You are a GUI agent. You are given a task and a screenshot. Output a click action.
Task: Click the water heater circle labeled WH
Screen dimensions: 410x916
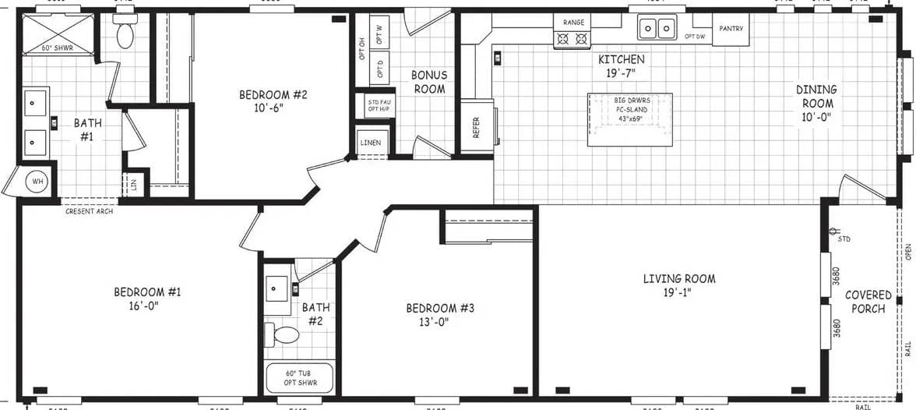36,182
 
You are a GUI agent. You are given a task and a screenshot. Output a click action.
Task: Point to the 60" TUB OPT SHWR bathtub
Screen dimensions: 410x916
300,378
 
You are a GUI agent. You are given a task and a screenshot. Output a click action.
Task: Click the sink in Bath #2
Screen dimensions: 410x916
278,288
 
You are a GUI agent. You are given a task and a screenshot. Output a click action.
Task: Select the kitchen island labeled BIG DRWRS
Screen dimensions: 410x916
630,118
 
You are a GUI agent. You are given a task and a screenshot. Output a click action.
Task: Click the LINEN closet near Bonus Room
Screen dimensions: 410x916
371,143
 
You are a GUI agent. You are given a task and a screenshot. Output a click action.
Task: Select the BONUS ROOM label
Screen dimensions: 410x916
429,82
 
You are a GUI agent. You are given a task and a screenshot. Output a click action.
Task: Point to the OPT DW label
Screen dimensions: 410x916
696,37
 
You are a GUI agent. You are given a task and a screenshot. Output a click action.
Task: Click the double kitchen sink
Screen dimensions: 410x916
656,29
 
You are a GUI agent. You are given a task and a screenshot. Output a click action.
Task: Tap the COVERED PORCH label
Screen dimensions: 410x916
868,302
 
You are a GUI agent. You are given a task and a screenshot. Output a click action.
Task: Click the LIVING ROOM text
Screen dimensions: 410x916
678,278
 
